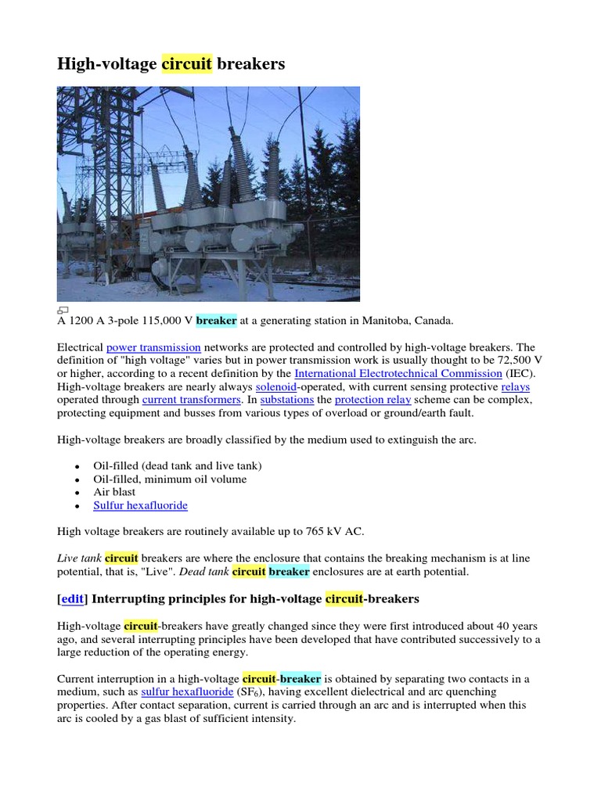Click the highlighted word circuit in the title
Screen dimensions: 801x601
coord(187,63)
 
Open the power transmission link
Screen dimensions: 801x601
coord(153,347)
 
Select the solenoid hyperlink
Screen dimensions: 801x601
coord(276,386)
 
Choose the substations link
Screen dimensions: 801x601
coord(287,400)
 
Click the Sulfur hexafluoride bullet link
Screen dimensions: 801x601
coord(140,505)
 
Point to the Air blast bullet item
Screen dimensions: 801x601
coord(114,492)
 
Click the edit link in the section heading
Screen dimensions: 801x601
coord(72,598)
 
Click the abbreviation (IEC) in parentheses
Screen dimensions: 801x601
coord(520,373)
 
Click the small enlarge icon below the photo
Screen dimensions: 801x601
coord(63,309)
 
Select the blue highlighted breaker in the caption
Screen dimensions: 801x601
coord(216,321)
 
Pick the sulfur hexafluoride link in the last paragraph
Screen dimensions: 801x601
coord(187,692)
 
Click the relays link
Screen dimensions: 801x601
coord(516,386)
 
